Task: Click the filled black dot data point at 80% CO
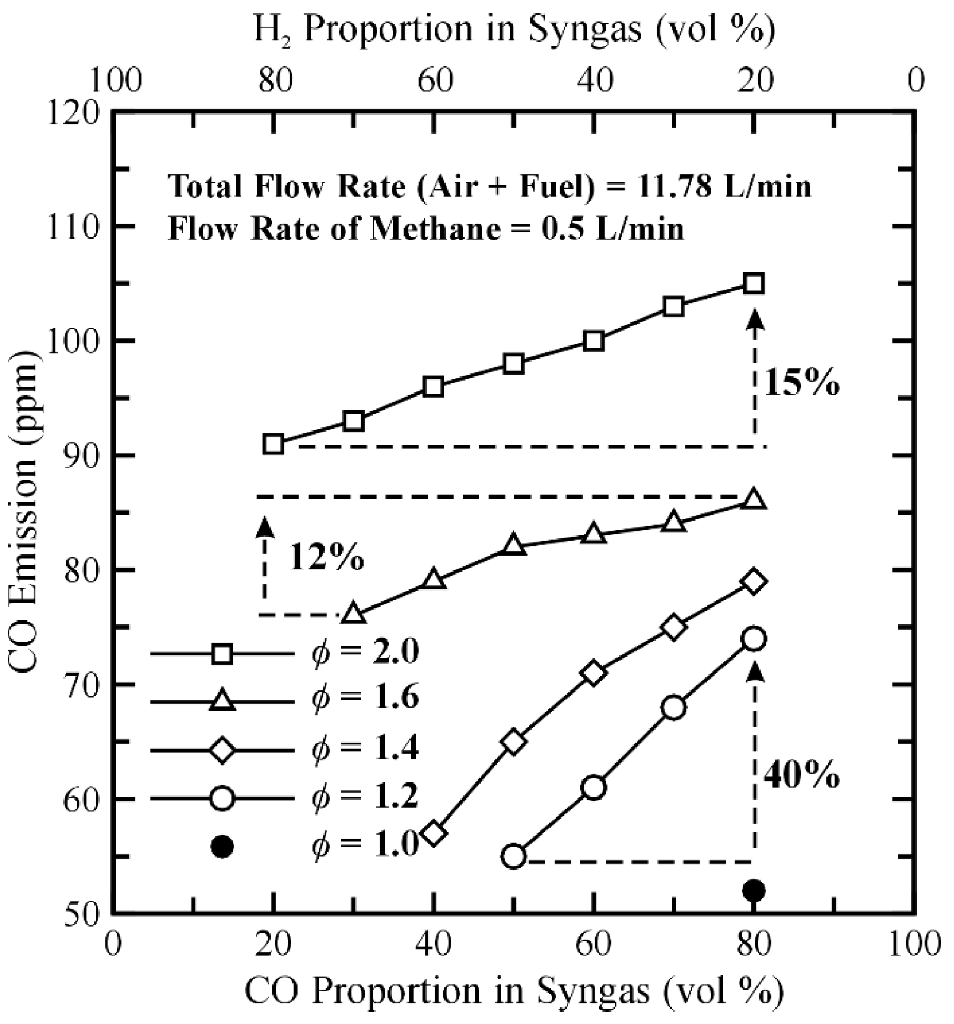pyautogui.click(x=754, y=890)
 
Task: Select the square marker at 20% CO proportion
pyautogui.click(x=274, y=444)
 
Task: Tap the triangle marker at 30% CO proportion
pyautogui.click(x=354, y=614)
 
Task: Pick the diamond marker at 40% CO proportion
pyautogui.click(x=434, y=833)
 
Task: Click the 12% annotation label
pyautogui.click(x=326, y=558)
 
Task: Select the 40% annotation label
pyautogui.click(x=802, y=775)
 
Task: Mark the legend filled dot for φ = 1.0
pyautogui.click(x=222, y=847)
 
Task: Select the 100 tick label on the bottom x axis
pyautogui.click(x=914, y=944)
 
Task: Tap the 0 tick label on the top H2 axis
pyautogui.click(x=916, y=80)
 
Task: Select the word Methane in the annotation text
pyautogui.click(x=434, y=229)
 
